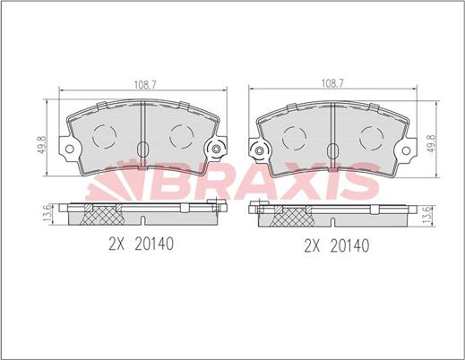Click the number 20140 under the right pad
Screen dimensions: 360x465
click(349, 243)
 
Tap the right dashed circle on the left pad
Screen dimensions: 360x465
click(182, 136)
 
